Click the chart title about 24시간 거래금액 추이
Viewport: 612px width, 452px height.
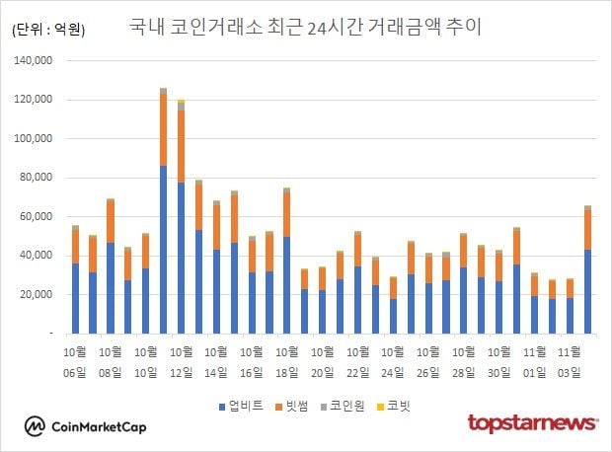[305, 27]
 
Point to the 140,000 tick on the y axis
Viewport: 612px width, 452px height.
[37, 61]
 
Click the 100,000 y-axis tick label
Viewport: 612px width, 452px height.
[37, 100]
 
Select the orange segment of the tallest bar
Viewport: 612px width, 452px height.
[164, 129]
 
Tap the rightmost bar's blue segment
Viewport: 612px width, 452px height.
[587, 292]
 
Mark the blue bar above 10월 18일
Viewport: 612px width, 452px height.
[286, 285]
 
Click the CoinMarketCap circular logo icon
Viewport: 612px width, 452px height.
[36, 425]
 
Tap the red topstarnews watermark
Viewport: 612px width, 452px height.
[532, 424]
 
